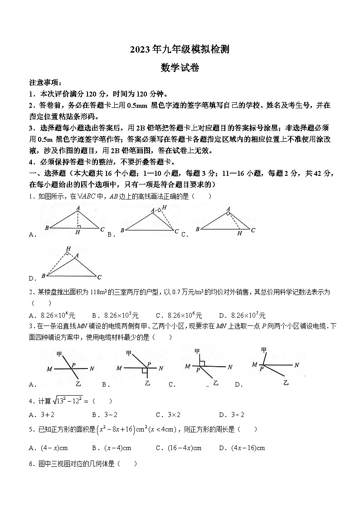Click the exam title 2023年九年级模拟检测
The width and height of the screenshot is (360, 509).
[x=180, y=50]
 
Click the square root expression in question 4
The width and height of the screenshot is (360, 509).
[x=68, y=400]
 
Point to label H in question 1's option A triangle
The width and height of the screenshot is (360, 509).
[x=78, y=233]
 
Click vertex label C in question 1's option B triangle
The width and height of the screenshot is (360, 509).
[x=176, y=232]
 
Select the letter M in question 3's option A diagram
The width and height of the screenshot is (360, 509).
[x=49, y=369]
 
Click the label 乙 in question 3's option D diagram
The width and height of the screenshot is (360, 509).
[x=286, y=383]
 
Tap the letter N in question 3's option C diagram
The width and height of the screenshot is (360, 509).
[x=229, y=367]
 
